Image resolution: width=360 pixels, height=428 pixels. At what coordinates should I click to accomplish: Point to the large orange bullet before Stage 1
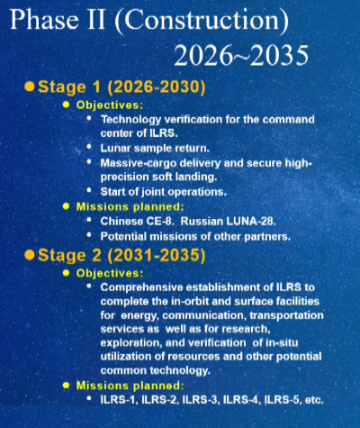click(30, 87)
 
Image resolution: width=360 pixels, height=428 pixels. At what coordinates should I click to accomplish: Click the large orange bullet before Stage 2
click(30, 255)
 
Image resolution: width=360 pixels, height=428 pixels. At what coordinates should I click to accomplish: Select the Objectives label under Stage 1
click(109, 105)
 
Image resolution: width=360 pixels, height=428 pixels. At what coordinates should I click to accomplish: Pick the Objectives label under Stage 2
click(109, 272)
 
